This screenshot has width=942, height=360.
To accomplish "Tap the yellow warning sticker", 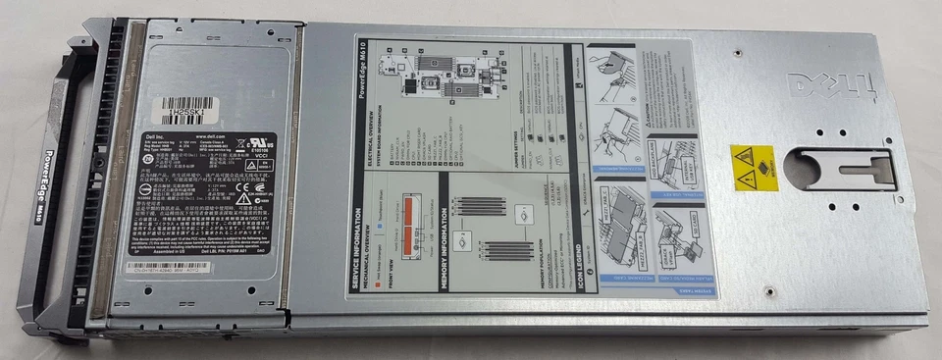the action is (x=754, y=168).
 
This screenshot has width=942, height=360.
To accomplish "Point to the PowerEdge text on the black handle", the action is (x=56, y=177).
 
